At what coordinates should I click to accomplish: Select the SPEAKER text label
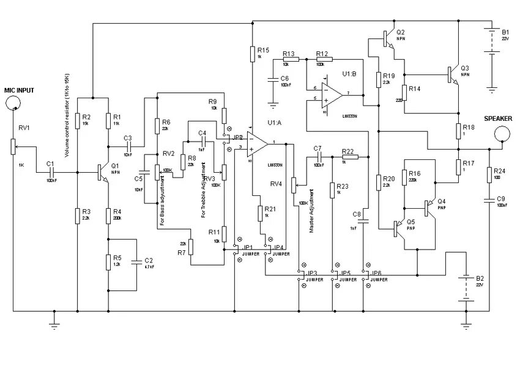(498, 118)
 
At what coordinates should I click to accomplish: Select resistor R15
(251, 54)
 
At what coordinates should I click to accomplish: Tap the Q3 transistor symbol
(453, 74)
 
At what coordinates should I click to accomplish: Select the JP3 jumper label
(312, 273)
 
